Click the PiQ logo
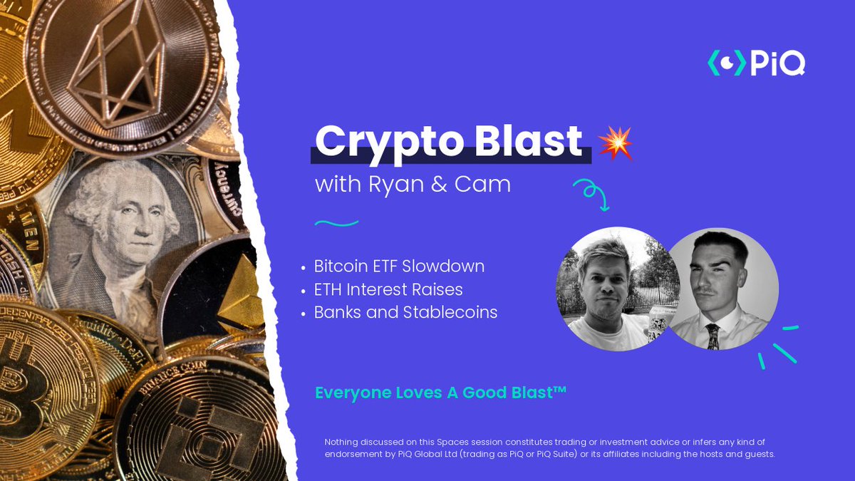point(756,63)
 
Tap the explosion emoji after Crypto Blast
point(615,143)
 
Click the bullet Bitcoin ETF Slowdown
point(399,266)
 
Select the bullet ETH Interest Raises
point(388,289)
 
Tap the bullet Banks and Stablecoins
point(405,312)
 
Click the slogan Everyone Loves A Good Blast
point(440,393)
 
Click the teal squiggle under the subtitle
point(336,223)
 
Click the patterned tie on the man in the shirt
point(712,336)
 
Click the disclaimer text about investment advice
point(549,448)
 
